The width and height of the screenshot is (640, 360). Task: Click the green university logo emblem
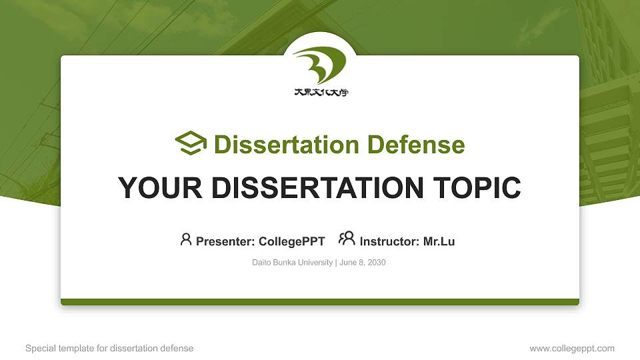pos(321,65)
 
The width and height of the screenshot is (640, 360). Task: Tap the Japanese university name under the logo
pos(321,93)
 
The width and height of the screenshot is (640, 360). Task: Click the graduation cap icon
pos(191,144)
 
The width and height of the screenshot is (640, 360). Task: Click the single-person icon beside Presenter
pos(186,239)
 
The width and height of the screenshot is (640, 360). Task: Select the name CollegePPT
pos(292,241)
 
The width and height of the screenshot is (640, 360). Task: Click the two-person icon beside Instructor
pos(347,239)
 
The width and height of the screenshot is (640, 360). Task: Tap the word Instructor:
pos(389,241)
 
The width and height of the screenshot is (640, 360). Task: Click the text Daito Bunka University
pos(292,263)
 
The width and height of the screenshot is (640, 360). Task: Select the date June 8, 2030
pos(363,263)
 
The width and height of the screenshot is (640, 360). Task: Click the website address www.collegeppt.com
pos(572,348)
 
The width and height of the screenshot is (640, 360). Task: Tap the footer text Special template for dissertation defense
pos(109,348)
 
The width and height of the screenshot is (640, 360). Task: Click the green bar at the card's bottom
pos(320,302)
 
